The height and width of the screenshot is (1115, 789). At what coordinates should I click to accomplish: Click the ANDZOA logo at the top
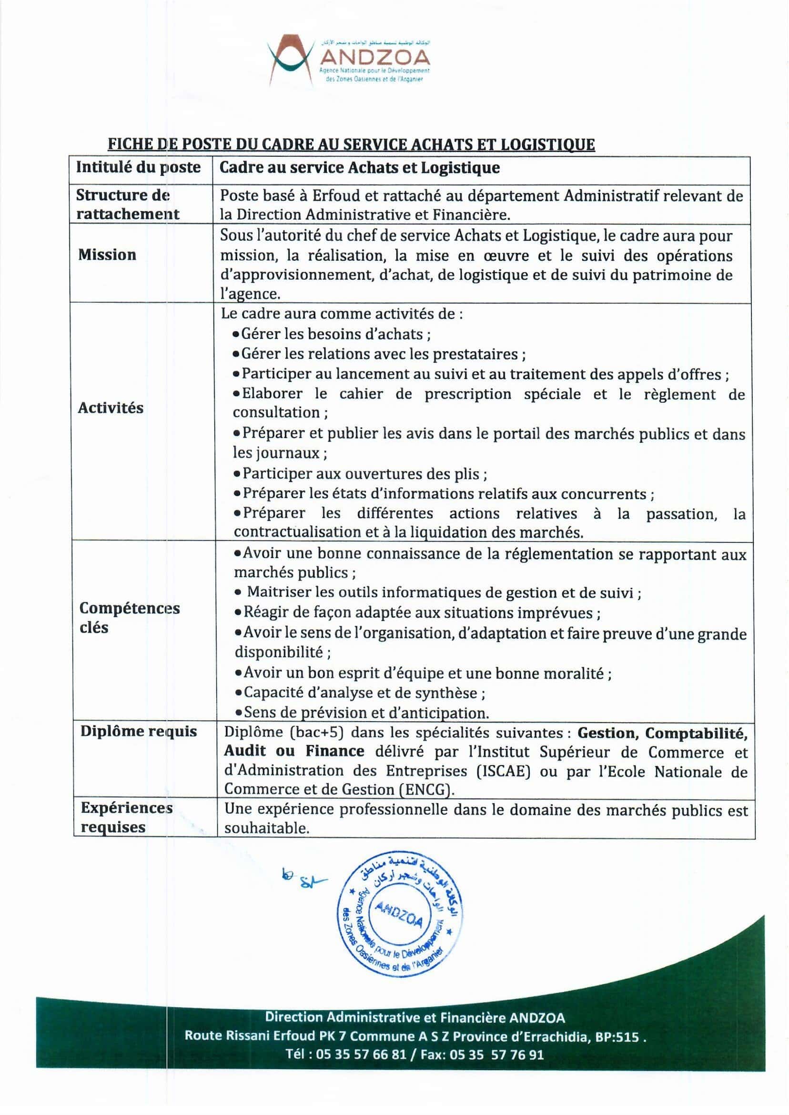[348, 60]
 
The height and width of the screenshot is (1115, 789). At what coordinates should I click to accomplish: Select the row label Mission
[107, 255]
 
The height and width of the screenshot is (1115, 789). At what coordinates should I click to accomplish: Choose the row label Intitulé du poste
[139, 167]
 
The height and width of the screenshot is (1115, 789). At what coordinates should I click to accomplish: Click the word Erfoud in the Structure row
[335, 196]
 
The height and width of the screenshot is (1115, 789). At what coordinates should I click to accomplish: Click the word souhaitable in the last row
[267, 828]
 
